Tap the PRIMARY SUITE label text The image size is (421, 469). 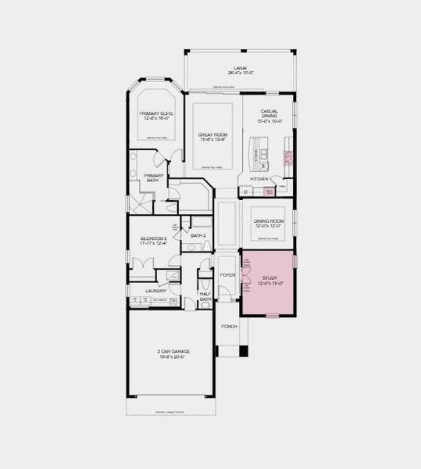pos(156,113)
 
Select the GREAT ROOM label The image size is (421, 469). pos(213,134)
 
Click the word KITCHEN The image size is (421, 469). pos(259,178)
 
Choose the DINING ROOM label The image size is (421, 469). pos(268,221)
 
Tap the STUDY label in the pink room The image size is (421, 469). pos(269,277)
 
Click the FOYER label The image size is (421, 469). pos(227,276)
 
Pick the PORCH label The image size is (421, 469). pos(229,326)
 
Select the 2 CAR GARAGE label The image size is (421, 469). pos(173,352)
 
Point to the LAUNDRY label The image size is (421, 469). pos(156,292)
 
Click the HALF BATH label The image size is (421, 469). pos(205,296)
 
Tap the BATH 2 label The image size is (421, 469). pos(198,234)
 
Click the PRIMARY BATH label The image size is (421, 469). pos(153,177)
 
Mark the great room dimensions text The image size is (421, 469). pos(213,140)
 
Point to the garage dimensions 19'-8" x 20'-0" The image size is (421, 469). pos(173,357)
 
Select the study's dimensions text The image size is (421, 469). pos(269,283)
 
